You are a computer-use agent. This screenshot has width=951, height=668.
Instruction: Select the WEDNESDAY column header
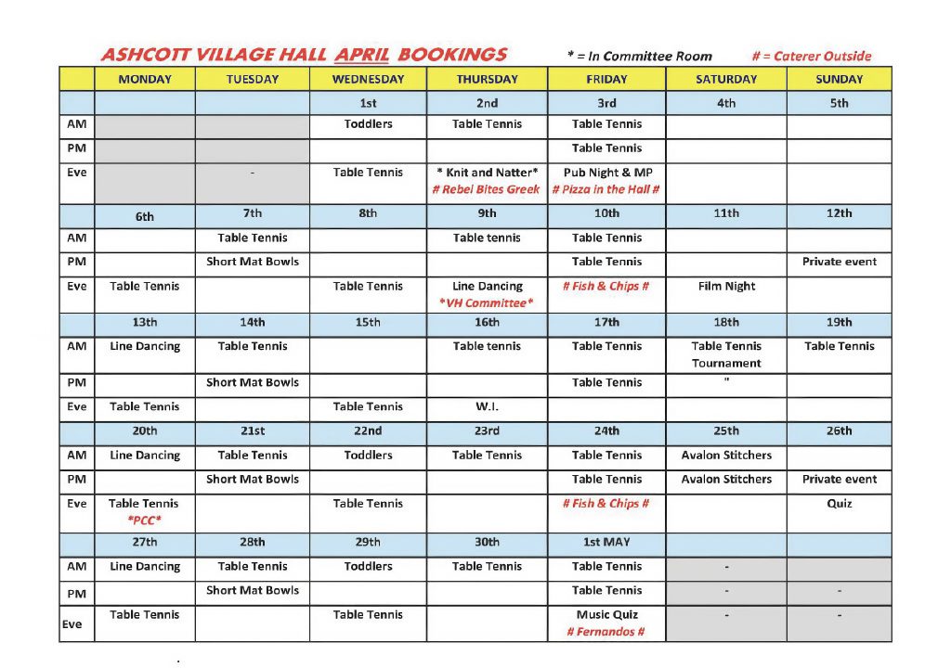[368, 80]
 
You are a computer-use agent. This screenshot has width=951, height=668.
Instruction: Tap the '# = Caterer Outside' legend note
[811, 57]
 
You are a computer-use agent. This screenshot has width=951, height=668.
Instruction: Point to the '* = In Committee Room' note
[639, 57]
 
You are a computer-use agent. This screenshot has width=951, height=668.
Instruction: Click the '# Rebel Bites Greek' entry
[486, 189]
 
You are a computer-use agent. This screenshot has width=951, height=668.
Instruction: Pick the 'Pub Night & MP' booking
[606, 173]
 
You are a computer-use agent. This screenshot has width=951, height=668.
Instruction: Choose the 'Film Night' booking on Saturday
[726, 287]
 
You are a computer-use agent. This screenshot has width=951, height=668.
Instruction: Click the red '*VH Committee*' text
[487, 303]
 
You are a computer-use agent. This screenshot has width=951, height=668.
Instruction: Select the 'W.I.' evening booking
[487, 406]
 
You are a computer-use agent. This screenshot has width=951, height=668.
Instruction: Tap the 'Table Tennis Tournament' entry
[726, 354]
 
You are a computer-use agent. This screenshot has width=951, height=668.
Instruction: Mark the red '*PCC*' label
[144, 520]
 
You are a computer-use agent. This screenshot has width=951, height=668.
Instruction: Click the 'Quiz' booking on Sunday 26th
[839, 504]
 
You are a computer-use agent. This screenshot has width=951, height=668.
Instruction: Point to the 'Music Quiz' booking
[606, 614]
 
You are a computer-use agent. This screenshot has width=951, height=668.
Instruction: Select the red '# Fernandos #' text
[606, 632]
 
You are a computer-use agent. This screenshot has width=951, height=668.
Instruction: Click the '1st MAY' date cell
[606, 543]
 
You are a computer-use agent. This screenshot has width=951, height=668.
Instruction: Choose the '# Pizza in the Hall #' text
[606, 189]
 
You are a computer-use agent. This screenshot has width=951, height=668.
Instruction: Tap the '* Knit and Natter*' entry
[487, 173]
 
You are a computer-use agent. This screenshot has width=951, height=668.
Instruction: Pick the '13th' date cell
[144, 323]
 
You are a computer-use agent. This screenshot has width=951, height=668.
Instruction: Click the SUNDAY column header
[839, 80]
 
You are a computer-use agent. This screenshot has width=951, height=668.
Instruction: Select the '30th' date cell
[487, 543]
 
